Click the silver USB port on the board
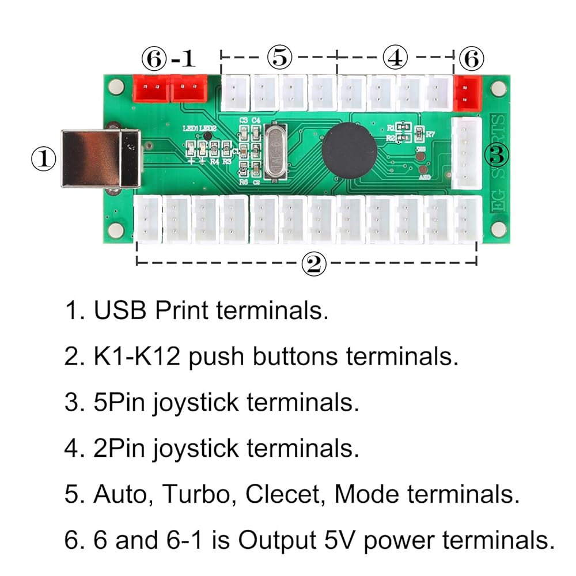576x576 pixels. coord(101,159)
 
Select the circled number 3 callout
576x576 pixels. coord(499,154)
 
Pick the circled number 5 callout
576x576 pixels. coord(280,57)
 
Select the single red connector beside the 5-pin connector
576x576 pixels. coord(468,92)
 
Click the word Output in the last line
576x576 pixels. coord(281,540)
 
